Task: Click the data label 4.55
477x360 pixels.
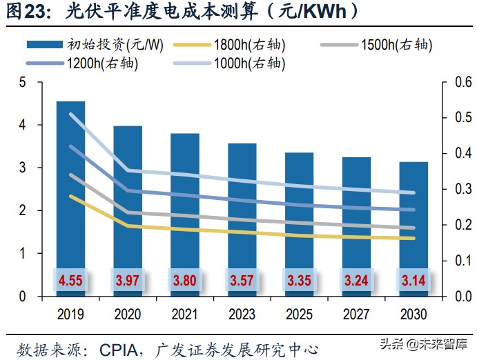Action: [x=70, y=281]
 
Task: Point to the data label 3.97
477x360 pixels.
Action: [x=128, y=281]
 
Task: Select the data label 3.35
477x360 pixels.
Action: [x=299, y=281]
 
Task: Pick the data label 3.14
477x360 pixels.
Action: [x=413, y=281]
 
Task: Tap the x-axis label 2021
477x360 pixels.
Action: [x=184, y=314]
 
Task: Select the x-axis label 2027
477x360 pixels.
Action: [x=356, y=314]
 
